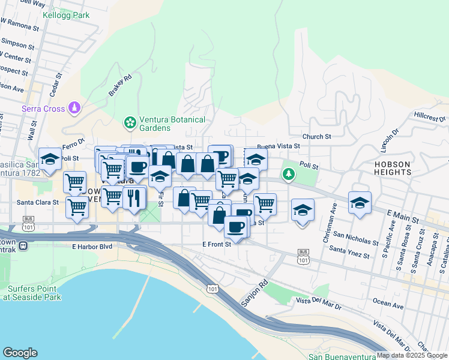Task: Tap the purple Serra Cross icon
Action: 74,108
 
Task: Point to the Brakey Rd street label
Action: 120,85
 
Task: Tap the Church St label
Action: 317,136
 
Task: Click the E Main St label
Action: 403,217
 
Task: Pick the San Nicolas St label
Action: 355,239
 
